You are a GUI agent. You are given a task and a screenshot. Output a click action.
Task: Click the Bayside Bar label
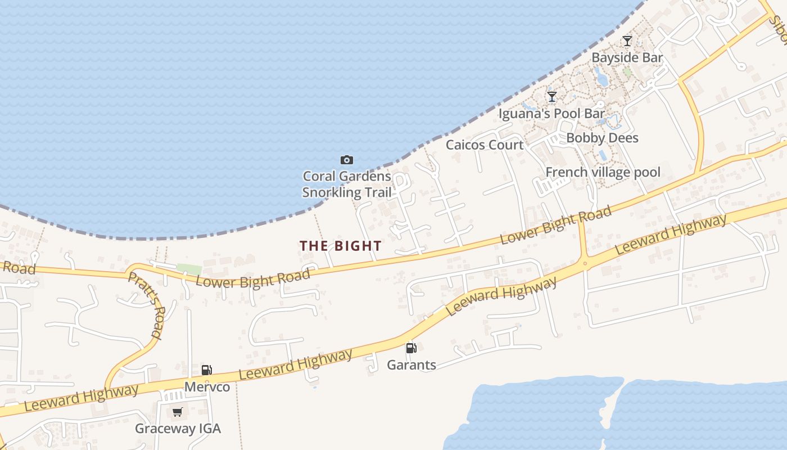tap(627, 57)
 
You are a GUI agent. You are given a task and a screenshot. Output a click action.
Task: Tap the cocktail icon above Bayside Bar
tap(627, 41)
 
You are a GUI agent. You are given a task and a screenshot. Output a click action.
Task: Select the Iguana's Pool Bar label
tap(551, 114)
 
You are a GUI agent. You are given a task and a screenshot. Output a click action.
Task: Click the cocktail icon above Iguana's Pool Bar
tap(552, 97)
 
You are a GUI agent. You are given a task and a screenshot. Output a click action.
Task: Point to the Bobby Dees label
tap(602, 138)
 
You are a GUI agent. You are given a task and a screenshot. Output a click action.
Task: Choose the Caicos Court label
tap(485, 145)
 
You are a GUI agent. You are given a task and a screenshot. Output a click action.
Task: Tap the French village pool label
tap(603, 172)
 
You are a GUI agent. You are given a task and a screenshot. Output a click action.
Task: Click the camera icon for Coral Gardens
tap(347, 160)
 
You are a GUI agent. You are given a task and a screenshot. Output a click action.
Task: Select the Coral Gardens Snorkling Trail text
tap(347, 184)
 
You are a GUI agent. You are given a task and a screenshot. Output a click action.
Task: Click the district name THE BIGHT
tap(341, 246)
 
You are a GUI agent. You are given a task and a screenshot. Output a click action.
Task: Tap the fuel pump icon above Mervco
tap(207, 370)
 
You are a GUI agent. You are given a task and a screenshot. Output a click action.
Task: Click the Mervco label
tap(207, 387)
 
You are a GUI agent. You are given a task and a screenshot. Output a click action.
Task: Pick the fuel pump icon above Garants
tap(411, 348)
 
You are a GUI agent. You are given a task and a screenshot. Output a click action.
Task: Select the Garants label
tap(411, 365)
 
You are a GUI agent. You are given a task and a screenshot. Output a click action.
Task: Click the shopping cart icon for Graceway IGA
tap(178, 412)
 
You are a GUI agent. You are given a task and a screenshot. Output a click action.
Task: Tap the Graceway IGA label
tap(178, 429)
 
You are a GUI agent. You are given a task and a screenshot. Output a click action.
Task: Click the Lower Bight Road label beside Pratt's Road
tap(252, 278)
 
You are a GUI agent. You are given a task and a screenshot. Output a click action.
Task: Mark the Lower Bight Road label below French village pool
tap(555, 226)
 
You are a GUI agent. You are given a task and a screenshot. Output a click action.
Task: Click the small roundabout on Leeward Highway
tap(585, 263)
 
